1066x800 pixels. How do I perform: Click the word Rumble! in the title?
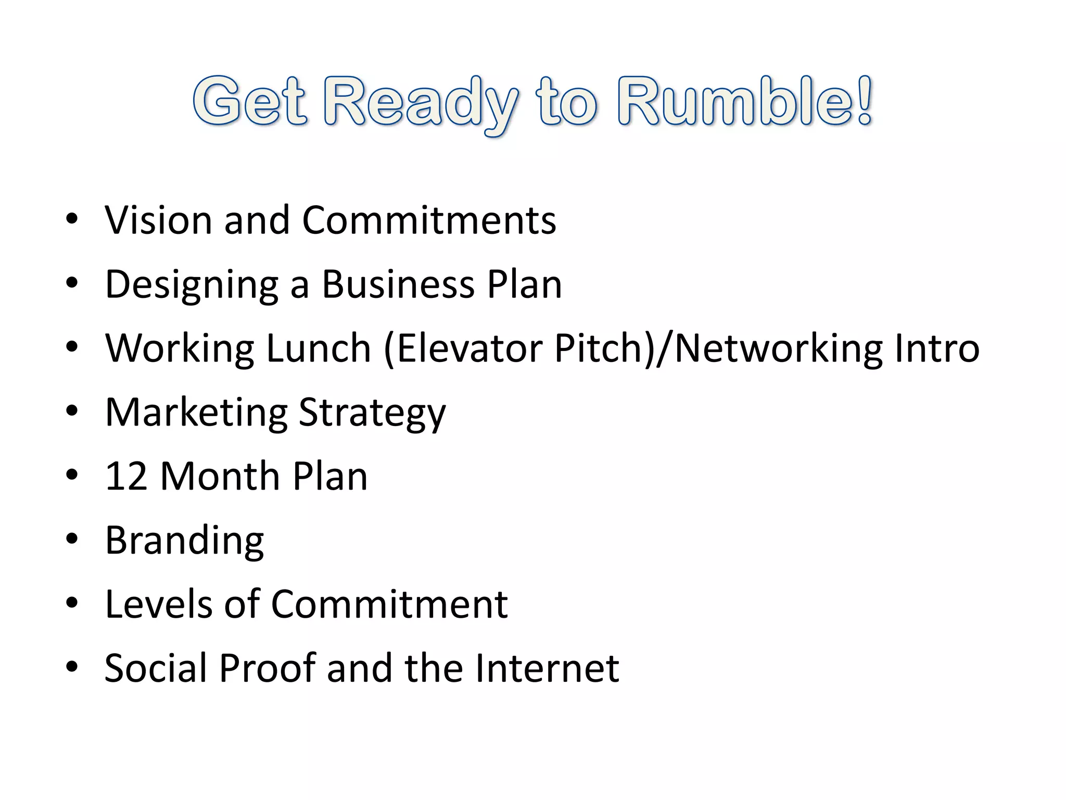click(x=744, y=102)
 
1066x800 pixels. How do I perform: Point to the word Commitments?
click(x=429, y=220)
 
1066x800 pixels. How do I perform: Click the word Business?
click(x=398, y=284)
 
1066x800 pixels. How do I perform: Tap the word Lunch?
click(x=318, y=348)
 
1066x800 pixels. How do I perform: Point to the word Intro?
click(x=936, y=348)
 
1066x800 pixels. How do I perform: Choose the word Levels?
click(x=159, y=604)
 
